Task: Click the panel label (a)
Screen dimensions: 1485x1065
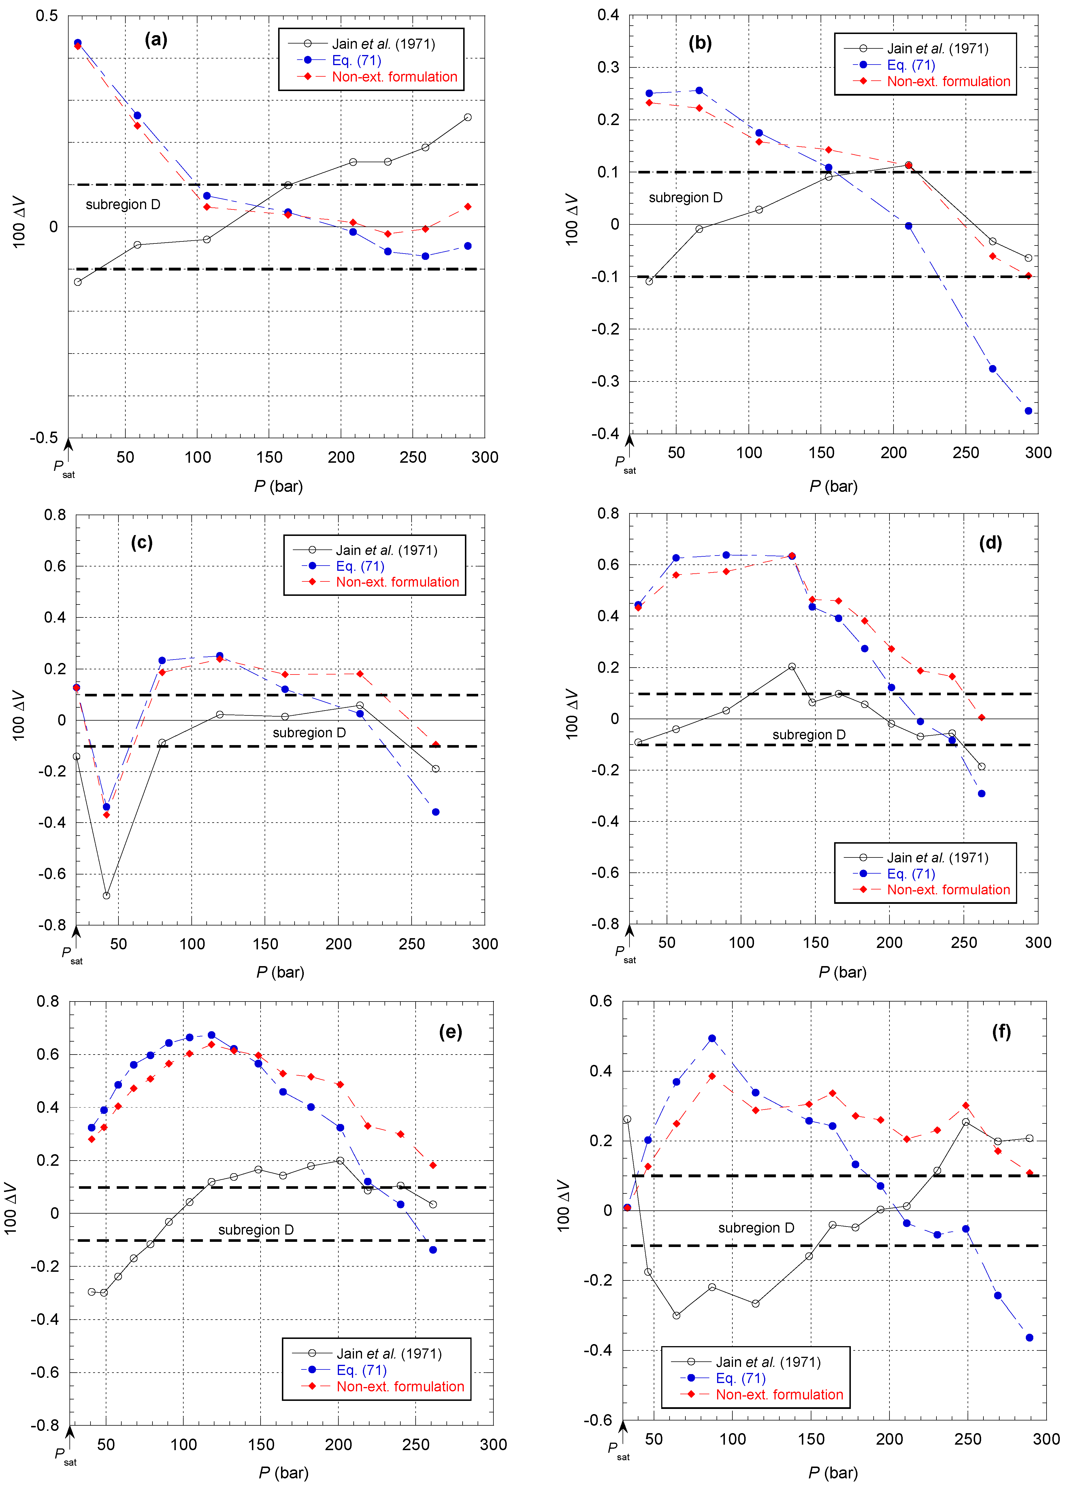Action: tap(156, 40)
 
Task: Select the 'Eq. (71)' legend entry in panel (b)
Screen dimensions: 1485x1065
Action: tap(911, 65)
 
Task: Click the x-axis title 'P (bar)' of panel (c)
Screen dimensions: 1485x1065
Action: tap(280, 972)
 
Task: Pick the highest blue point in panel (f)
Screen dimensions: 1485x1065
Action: tap(712, 1038)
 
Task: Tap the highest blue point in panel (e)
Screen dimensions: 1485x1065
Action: tap(212, 1035)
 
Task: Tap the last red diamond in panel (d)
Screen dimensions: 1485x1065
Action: tap(981, 718)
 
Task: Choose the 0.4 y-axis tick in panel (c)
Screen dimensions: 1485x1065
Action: tap(55, 617)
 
